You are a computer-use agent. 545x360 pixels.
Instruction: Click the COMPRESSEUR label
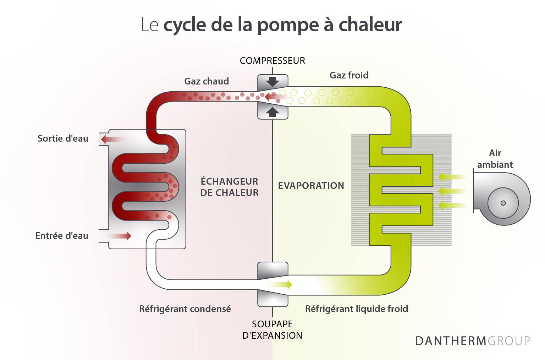pos(272,61)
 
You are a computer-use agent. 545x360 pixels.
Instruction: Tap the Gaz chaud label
pos(207,81)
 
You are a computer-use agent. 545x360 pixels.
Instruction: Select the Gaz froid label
pos(349,75)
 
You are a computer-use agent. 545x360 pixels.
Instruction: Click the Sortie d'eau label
pos(63,138)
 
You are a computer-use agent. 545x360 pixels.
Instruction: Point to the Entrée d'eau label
pos(62,236)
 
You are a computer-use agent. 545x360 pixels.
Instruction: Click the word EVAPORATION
pos(311,186)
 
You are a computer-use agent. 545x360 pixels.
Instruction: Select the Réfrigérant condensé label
pos(185,309)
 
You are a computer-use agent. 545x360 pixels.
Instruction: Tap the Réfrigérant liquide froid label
pos(357,309)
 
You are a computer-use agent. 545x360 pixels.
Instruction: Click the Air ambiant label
pos(495,159)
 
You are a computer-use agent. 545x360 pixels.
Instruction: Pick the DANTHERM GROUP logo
pos(472,341)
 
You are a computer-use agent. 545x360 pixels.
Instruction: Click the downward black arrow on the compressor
pos(272,82)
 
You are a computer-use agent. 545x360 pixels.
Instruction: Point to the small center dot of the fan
pos(503,203)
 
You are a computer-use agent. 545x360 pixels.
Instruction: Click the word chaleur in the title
pos(370,25)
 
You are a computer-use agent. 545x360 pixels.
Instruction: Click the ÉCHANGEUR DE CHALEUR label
pos(230,187)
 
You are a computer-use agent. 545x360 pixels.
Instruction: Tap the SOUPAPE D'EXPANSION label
pos(272,330)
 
